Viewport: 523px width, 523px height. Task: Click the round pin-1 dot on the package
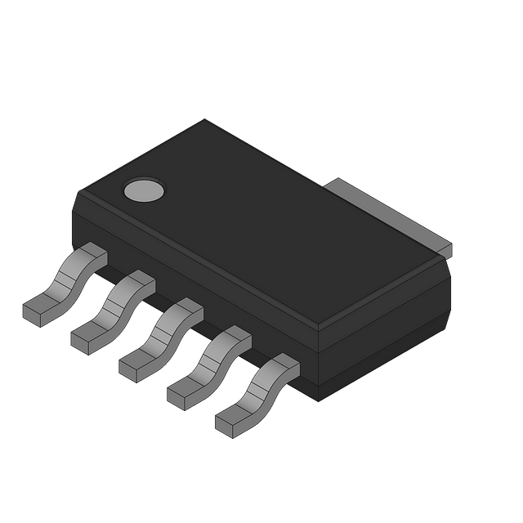pyautogui.click(x=143, y=190)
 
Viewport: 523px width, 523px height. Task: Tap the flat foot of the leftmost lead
pyautogui.click(x=38, y=311)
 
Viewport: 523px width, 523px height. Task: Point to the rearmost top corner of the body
pyautogui.click(x=203, y=120)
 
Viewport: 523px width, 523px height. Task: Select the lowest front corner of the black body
pyautogui.click(x=315, y=400)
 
